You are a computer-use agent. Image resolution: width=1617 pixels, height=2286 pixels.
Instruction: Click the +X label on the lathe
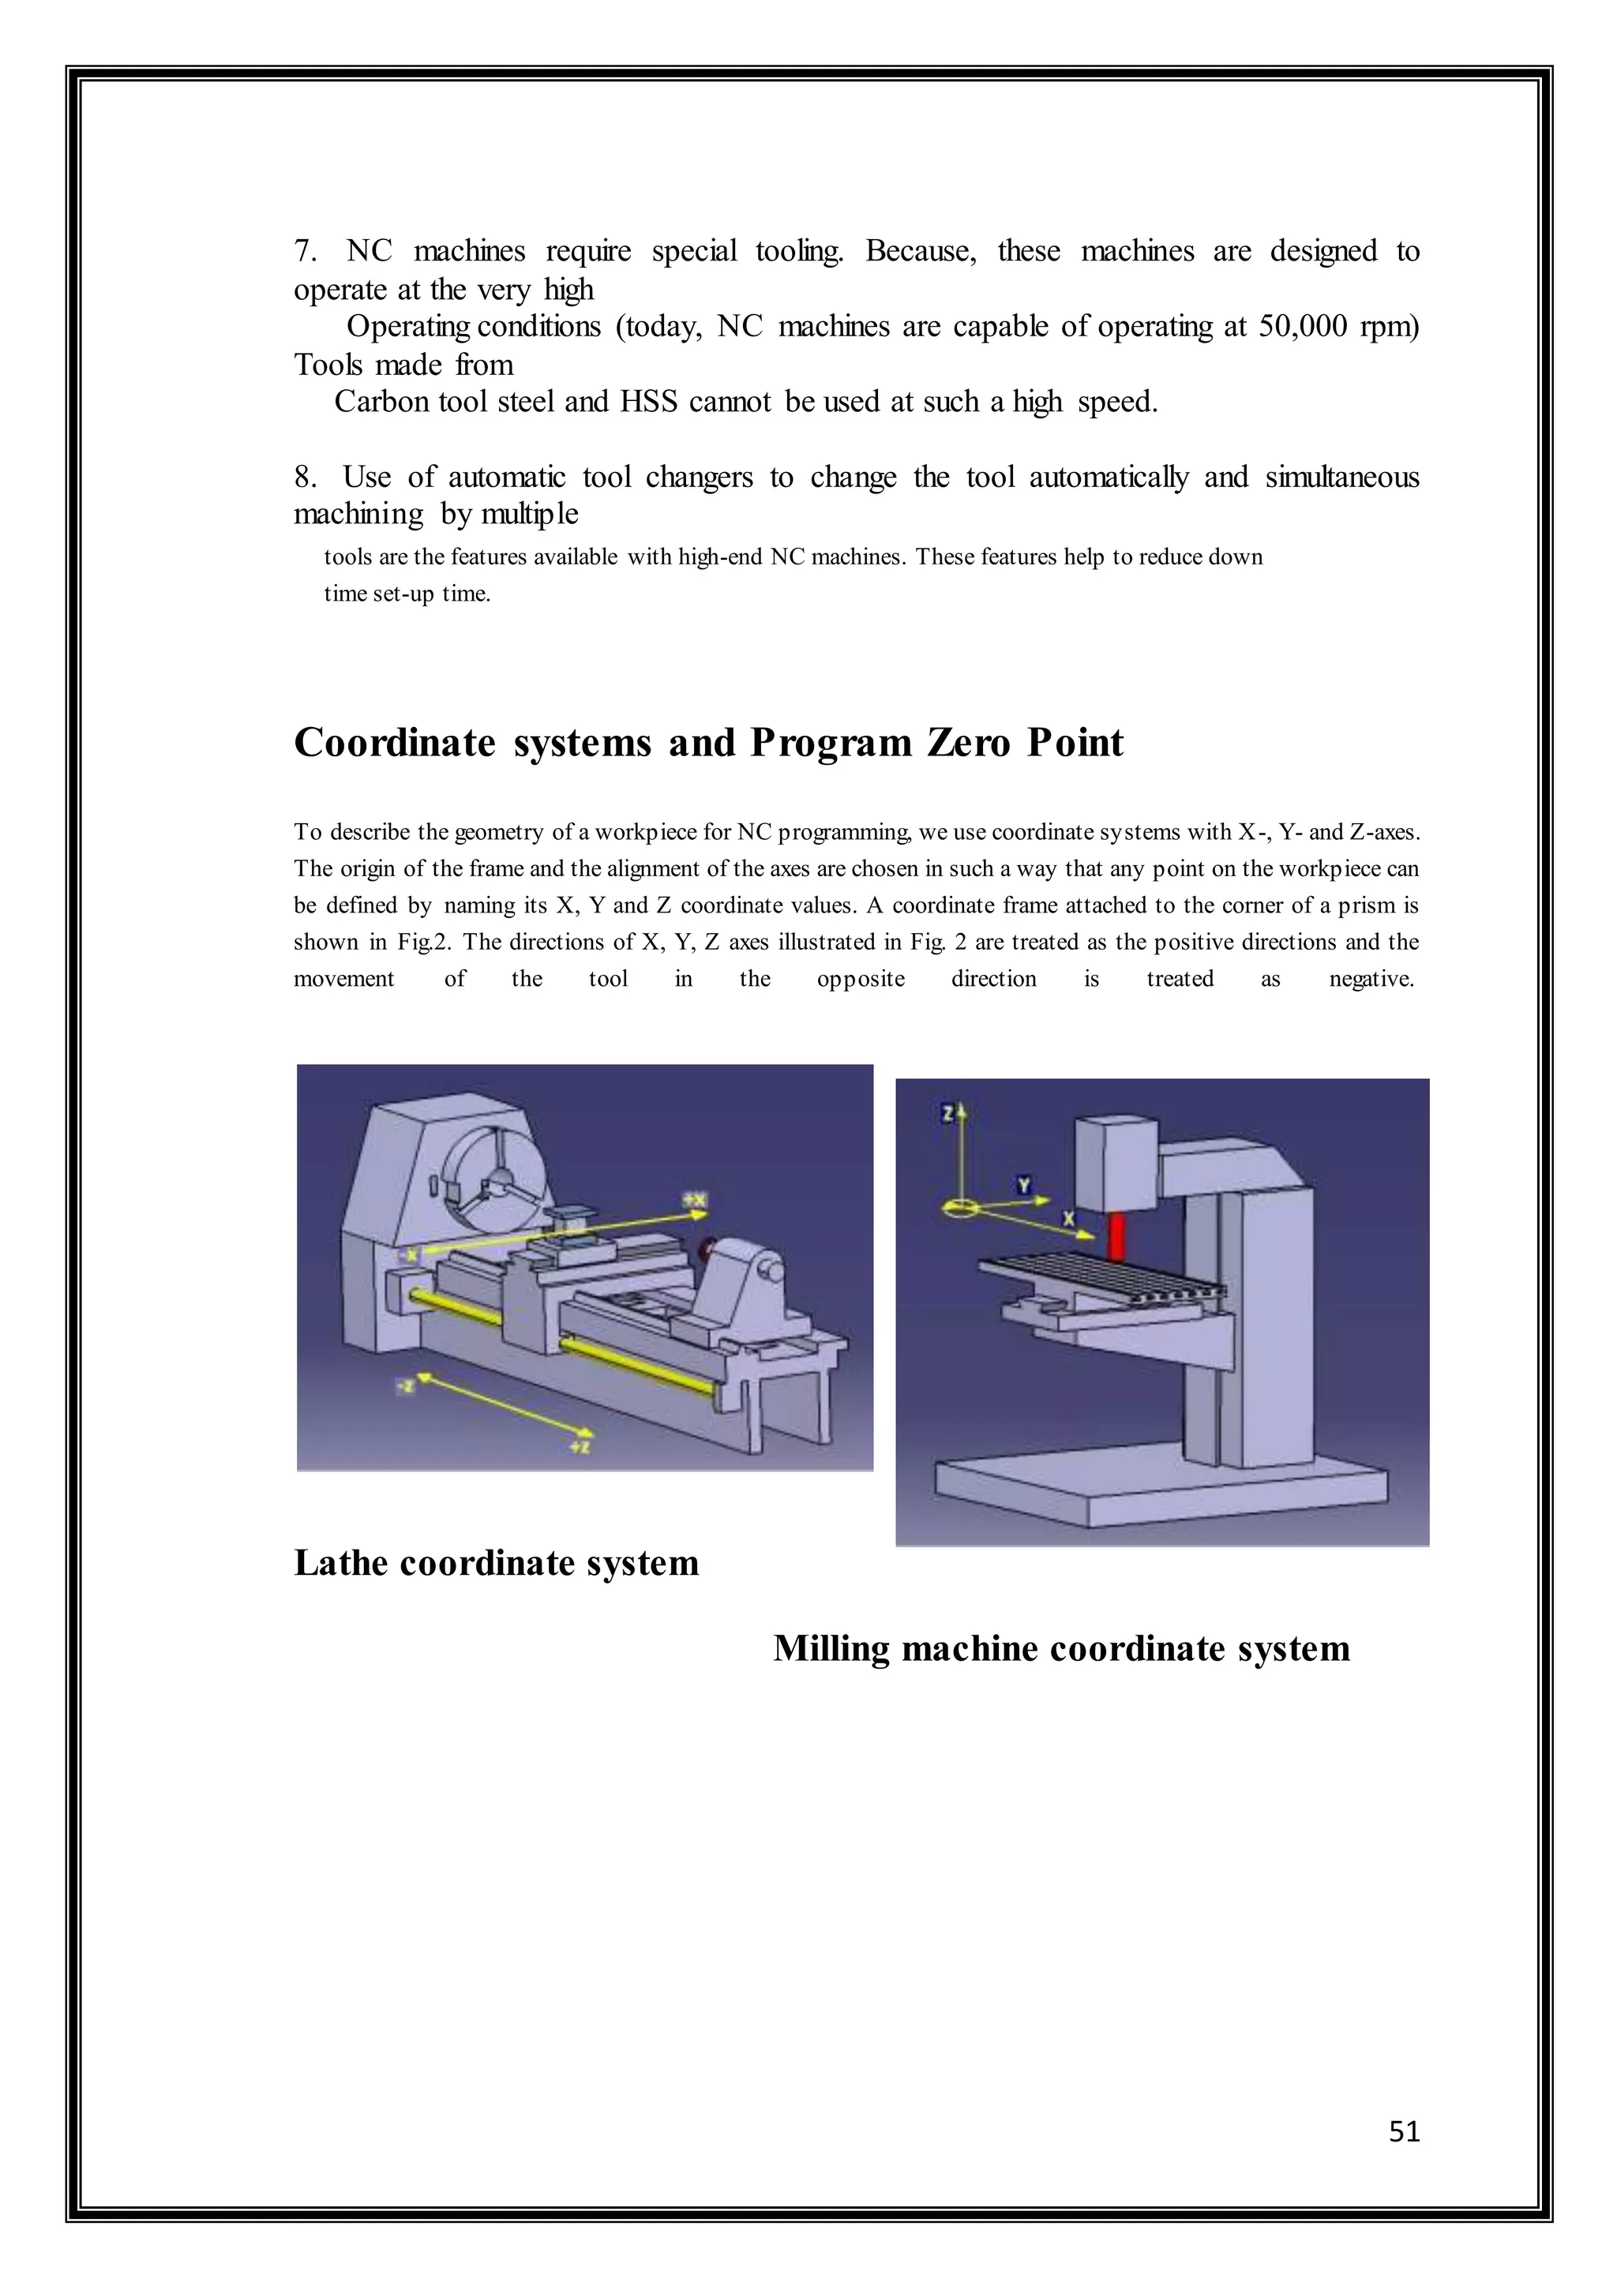(695, 1201)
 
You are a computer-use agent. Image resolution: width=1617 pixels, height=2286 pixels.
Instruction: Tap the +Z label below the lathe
(580, 1445)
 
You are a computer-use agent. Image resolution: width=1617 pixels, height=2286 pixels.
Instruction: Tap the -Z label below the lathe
(405, 1386)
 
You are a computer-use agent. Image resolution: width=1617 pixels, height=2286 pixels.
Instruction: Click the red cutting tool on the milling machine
(1116, 1235)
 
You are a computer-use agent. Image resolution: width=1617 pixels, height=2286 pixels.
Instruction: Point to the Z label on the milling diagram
(948, 1112)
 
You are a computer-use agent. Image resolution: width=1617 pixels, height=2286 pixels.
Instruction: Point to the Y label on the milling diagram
(1023, 1185)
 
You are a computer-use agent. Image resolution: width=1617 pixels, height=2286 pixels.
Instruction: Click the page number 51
(1404, 2130)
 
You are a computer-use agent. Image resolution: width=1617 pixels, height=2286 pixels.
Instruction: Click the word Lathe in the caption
(340, 1563)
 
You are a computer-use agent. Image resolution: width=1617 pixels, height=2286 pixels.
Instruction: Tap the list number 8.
(305, 477)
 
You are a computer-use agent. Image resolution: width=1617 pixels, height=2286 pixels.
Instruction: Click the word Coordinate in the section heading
(394, 743)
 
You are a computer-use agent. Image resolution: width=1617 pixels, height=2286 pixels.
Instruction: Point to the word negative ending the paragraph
(1371, 979)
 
